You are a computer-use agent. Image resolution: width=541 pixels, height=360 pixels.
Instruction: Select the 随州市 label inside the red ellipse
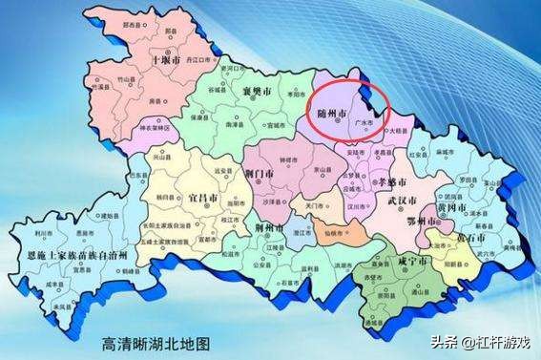[x=333, y=113]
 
